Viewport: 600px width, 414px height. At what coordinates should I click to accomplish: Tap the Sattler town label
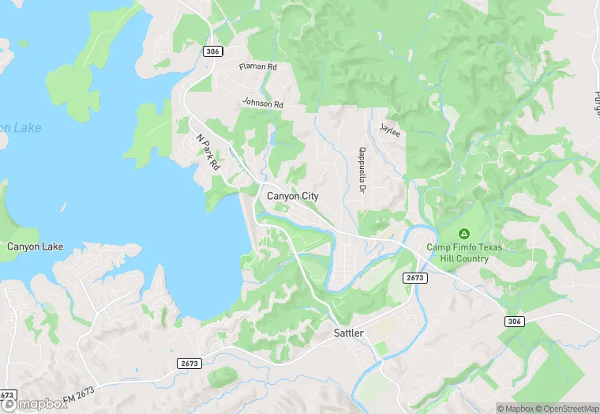[x=348, y=333]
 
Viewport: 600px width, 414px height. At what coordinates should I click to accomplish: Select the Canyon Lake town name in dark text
[x=35, y=247]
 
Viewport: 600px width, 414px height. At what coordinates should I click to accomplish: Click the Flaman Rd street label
[x=258, y=68]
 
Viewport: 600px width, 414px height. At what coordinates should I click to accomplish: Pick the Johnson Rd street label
[x=262, y=103]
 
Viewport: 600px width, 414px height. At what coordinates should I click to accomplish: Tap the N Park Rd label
[x=207, y=152]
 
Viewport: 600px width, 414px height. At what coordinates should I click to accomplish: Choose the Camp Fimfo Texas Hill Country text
[x=464, y=252]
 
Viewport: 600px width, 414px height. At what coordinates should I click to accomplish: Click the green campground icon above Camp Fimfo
[x=464, y=234]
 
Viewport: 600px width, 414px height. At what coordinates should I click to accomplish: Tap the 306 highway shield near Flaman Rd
[x=211, y=51]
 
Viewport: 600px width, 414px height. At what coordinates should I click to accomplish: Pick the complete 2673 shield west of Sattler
[x=190, y=363]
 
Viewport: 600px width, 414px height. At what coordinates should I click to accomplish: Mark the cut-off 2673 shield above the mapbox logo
[x=6, y=394]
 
